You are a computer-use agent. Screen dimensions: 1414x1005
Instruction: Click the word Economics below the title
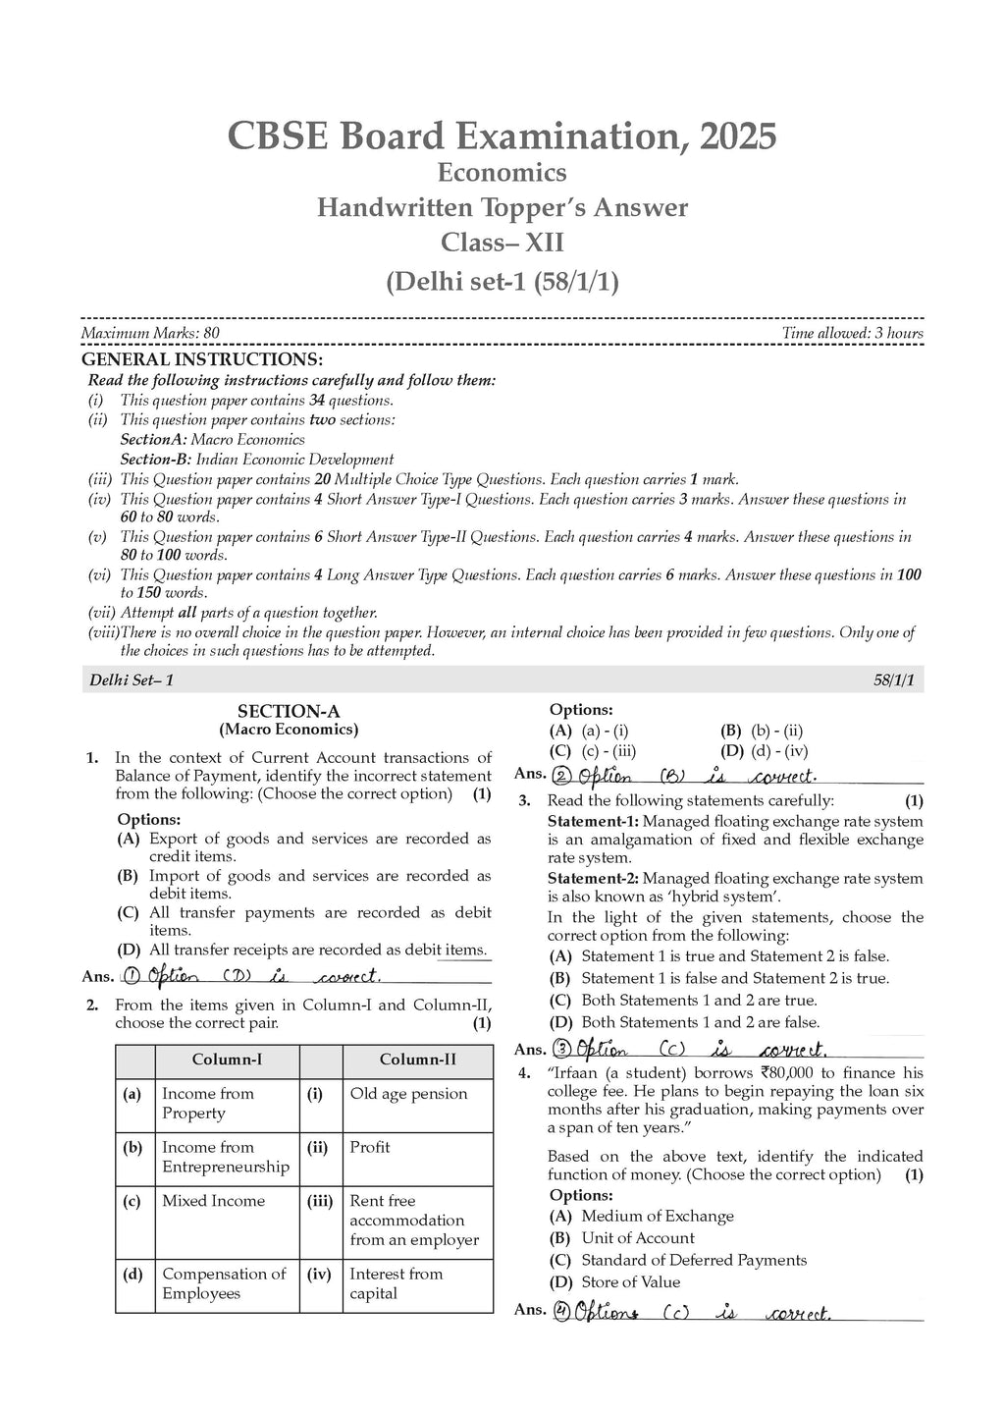click(502, 173)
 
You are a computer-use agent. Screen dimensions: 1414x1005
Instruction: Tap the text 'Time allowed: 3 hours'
click(852, 333)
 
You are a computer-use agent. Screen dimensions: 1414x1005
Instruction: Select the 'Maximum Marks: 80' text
click(150, 333)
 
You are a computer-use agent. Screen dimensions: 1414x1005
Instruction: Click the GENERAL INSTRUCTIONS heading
click(201, 359)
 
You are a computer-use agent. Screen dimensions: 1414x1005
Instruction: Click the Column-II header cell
click(417, 1060)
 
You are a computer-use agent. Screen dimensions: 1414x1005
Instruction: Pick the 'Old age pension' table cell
click(408, 1094)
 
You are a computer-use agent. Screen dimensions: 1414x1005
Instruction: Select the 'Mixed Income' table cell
click(213, 1201)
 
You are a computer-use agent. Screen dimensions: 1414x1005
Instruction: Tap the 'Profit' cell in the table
click(370, 1147)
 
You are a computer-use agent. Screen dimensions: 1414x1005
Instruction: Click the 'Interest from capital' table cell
click(396, 1283)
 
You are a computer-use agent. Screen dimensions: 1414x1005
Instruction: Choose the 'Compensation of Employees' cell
click(224, 1283)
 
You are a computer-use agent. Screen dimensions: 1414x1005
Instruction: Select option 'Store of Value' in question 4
click(630, 1281)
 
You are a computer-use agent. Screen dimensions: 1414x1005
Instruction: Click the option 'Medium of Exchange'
click(657, 1216)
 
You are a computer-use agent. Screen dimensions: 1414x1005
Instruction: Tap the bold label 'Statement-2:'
click(593, 878)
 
